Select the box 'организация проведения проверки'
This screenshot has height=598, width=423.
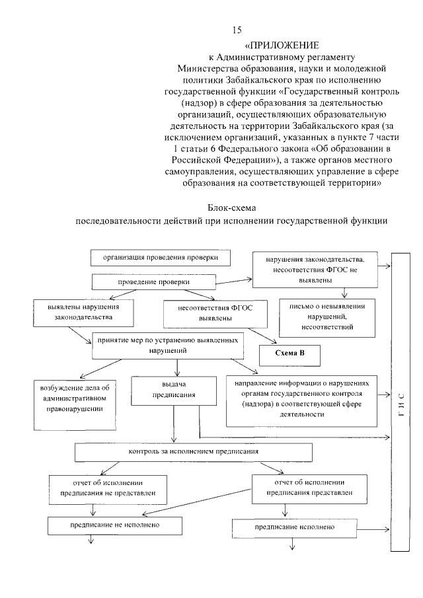161,257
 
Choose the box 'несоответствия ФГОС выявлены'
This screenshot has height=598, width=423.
206,313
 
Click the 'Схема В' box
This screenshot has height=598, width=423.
290,353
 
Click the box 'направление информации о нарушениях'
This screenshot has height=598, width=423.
301,399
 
